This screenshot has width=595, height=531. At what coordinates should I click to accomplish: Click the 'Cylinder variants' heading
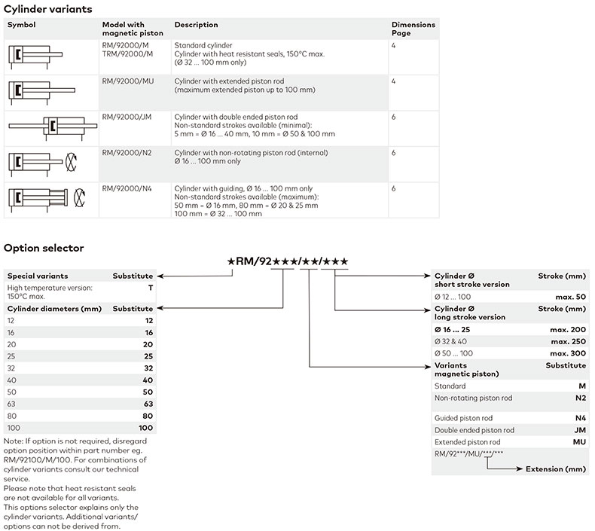pyautogui.click(x=48, y=9)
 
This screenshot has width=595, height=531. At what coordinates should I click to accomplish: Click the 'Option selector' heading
pyautogui.click(x=44, y=248)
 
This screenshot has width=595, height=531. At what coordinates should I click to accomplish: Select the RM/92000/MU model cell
pyautogui.click(x=128, y=81)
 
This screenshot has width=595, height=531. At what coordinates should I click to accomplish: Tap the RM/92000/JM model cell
pyautogui.click(x=127, y=117)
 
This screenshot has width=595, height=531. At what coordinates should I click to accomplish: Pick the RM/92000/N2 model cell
pyautogui.click(x=127, y=152)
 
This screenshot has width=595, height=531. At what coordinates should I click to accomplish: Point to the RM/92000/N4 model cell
pyautogui.click(x=127, y=188)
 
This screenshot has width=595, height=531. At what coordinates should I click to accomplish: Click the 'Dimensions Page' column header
pyautogui.click(x=413, y=29)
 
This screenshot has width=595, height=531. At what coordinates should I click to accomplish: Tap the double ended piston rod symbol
pyautogui.click(x=50, y=127)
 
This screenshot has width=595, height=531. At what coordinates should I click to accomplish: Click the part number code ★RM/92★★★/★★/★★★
pyautogui.click(x=287, y=262)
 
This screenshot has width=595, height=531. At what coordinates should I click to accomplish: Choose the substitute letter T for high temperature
pyautogui.click(x=151, y=288)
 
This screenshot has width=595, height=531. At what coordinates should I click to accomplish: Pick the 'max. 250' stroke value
pyautogui.click(x=568, y=341)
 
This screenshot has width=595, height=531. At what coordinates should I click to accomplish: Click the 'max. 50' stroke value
pyautogui.click(x=570, y=298)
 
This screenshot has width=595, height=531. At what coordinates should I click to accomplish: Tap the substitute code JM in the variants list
pyautogui.click(x=578, y=430)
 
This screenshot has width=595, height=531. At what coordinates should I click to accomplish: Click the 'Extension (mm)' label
pyautogui.click(x=555, y=469)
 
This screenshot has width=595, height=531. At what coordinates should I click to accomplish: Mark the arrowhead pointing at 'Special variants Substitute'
pyautogui.click(x=158, y=276)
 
